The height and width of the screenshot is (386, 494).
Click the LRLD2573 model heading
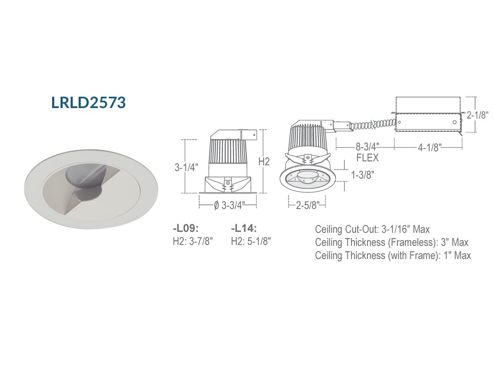89,103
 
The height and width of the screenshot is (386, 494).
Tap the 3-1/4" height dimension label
187,167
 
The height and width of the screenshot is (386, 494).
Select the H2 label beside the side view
264,161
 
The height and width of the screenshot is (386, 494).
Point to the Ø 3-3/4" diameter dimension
229,206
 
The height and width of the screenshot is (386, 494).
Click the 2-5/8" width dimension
307,206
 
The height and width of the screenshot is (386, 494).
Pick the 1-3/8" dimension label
363,174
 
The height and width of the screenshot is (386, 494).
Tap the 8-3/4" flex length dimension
367,147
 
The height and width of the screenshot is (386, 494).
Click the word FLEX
367,158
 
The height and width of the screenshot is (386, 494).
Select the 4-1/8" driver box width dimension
430,147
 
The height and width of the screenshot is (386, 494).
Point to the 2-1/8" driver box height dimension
478,115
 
